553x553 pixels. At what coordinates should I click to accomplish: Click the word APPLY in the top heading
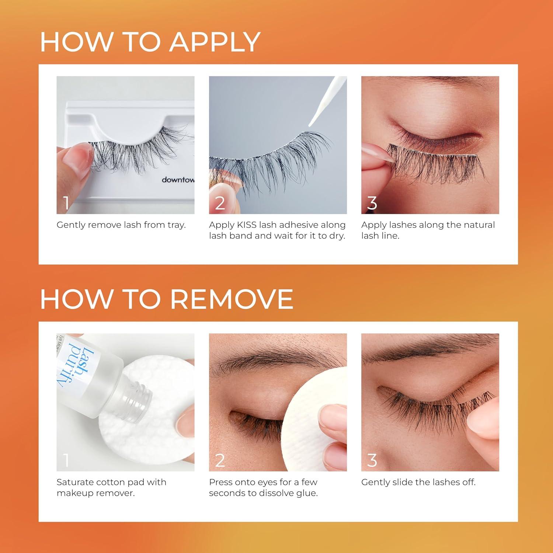click(215, 42)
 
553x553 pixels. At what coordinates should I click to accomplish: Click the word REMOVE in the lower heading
click(232, 299)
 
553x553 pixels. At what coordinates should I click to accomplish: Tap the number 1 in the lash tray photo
click(66, 203)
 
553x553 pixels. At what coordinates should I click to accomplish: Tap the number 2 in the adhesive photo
click(220, 203)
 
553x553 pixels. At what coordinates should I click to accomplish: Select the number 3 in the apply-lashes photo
click(372, 203)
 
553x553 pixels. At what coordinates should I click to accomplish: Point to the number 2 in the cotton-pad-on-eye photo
click(220, 460)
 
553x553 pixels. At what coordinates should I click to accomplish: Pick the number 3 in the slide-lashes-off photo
click(372, 460)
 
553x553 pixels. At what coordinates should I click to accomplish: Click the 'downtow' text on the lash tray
click(178, 180)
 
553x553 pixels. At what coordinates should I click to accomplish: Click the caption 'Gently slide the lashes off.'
click(418, 482)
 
